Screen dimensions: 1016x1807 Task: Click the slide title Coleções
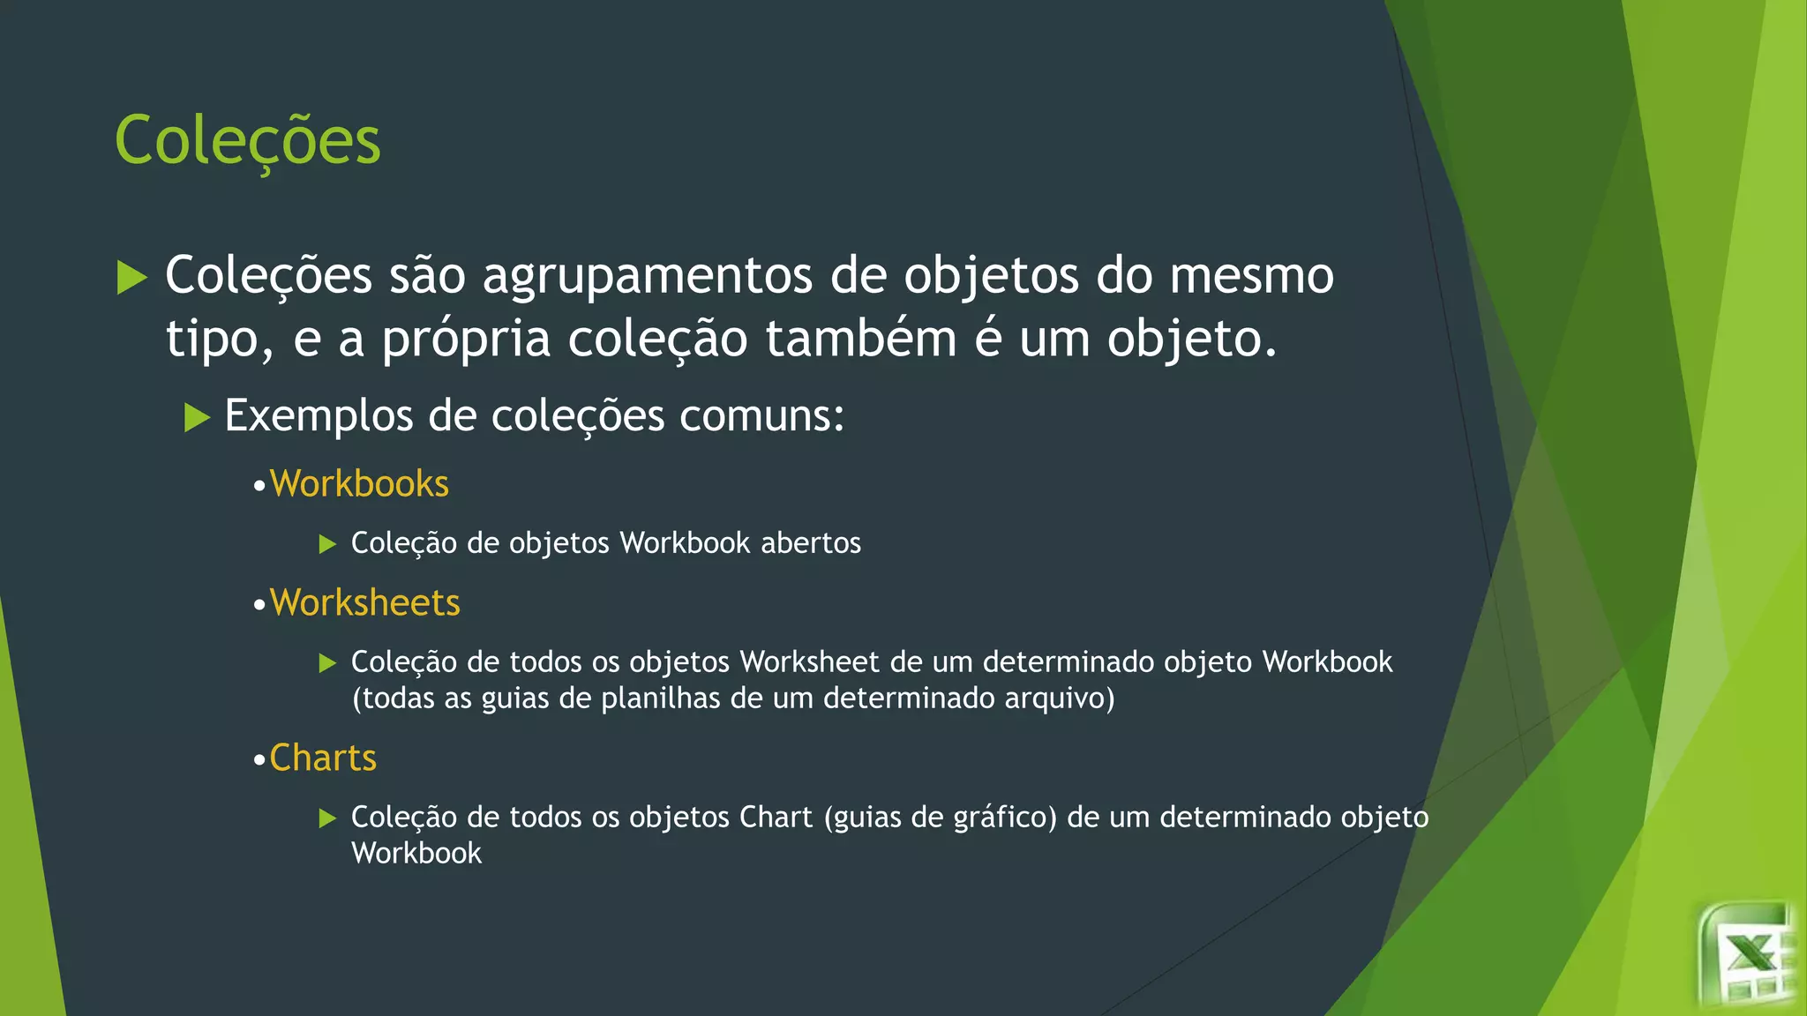click(247, 141)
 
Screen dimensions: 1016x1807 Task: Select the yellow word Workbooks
click(359, 484)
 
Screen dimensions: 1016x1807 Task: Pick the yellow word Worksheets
click(364, 603)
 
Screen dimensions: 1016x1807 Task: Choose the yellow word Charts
click(323, 758)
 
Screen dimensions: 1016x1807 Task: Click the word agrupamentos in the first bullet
click(647, 277)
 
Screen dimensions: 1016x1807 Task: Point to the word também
click(860, 340)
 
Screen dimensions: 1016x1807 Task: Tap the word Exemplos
click(319, 415)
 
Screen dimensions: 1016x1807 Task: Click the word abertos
click(810, 543)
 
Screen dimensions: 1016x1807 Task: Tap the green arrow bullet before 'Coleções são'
click(131, 278)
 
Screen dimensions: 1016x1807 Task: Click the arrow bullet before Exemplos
click(197, 417)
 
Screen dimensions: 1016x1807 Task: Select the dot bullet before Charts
click(259, 760)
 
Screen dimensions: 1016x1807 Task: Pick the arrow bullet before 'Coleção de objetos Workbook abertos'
click(327, 544)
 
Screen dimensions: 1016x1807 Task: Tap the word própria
click(466, 340)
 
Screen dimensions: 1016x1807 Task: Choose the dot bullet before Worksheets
click(259, 606)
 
